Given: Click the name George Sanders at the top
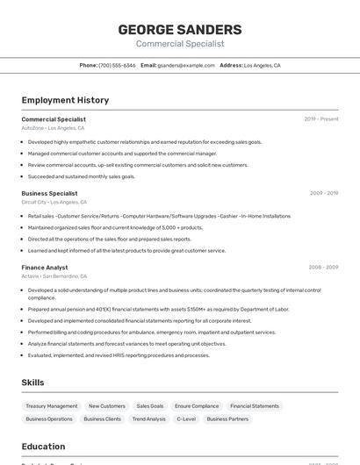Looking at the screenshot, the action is point(180,30).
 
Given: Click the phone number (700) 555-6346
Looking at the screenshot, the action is point(117,65).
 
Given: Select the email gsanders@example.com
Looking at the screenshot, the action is point(186,65).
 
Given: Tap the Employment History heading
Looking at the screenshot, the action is point(65,100).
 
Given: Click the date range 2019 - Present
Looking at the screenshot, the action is point(321,119).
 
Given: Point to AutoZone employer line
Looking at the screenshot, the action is point(53,128).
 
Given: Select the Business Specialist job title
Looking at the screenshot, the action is point(49,193).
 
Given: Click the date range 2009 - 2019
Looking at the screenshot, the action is point(324,193).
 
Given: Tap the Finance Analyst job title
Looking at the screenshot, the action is point(45,267).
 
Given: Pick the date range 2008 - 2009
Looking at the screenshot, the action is point(324,267).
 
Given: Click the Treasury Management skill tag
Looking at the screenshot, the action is point(52,406).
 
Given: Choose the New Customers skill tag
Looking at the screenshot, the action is point(107,406).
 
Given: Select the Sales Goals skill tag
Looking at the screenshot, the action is point(150,406).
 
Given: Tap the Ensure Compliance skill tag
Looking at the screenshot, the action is point(197,406).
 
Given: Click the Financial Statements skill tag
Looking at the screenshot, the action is point(255,406).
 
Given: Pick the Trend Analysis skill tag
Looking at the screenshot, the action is point(149,419).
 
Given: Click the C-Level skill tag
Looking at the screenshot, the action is point(186,419).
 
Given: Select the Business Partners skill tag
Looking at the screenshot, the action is point(227,419).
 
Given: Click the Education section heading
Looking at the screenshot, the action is point(43,447).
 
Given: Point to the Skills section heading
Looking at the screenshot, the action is point(33,383).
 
